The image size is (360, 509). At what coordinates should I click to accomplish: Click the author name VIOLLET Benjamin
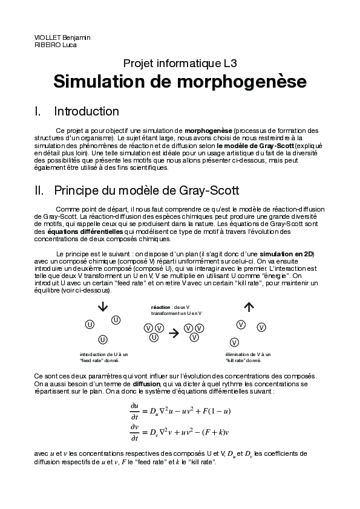point(62,37)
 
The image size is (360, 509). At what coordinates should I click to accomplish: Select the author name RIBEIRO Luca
point(55,45)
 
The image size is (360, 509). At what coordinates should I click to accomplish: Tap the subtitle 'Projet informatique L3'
point(180,63)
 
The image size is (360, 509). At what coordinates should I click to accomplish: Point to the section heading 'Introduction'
point(87,112)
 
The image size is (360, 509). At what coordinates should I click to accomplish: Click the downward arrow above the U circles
point(102,306)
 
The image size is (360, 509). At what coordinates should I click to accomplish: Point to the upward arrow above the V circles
point(248,306)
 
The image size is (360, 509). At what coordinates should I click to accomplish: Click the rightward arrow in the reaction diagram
point(174,332)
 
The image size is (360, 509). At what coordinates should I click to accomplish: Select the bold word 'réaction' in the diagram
point(160,307)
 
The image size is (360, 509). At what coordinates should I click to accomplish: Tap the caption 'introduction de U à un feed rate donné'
point(103,357)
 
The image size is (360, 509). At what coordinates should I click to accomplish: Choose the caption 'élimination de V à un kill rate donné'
point(247,357)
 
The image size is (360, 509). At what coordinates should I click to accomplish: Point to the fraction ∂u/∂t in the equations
point(134,411)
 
